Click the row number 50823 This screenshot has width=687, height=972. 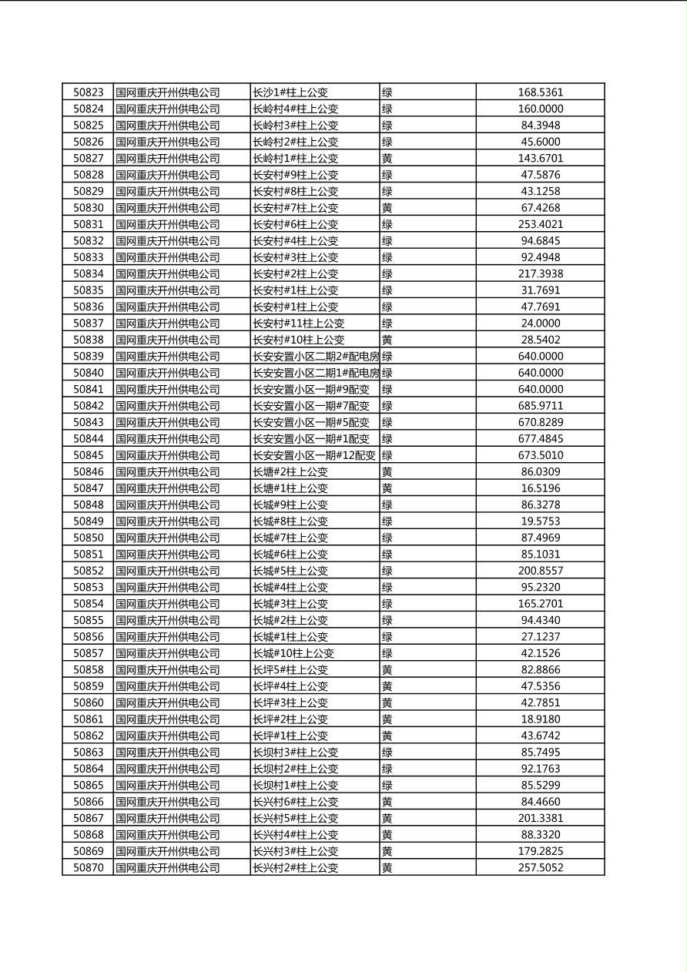click(x=88, y=92)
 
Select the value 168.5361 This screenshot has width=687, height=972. click(x=540, y=92)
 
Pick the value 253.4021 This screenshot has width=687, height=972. click(x=540, y=224)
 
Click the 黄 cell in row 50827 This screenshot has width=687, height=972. click(x=387, y=159)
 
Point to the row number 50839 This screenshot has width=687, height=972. click(x=88, y=357)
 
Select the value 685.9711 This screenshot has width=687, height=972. click(x=540, y=406)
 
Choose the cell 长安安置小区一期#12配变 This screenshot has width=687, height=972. click(x=314, y=455)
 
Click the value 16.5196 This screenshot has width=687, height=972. click(x=540, y=488)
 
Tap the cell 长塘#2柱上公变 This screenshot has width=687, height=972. click(x=290, y=472)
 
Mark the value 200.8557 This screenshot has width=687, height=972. click(x=540, y=571)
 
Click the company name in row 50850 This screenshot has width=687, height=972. click(x=168, y=538)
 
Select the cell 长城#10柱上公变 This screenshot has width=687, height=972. click(x=293, y=653)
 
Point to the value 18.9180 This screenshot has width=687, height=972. click(x=540, y=719)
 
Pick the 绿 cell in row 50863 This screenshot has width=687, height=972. click(x=387, y=752)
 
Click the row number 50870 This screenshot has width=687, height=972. click(x=88, y=868)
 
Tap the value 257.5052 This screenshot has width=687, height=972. click(x=540, y=868)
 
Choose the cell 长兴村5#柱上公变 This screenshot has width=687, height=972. click(x=296, y=818)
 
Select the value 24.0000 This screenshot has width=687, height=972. click(x=540, y=323)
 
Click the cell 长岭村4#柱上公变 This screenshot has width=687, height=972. click(x=296, y=109)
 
